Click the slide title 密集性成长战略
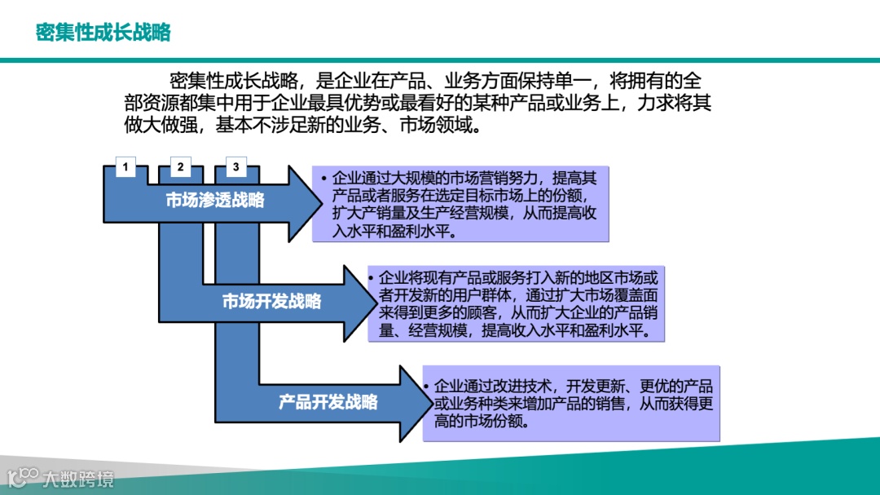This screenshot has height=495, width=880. click(103, 33)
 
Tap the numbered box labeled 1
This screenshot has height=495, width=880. click(125, 168)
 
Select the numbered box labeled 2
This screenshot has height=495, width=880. click(180, 168)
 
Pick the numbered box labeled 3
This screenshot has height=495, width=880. click(235, 168)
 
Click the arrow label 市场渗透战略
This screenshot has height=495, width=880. click(215, 201)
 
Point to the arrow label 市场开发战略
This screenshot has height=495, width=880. click(272, 302)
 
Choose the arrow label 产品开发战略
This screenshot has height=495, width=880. click(328, 402)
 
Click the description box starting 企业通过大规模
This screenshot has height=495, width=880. click(461, 204)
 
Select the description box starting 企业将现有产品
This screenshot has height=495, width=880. click(517, 303)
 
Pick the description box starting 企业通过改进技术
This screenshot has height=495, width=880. click(571, 403)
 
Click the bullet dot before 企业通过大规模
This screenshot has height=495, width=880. click(323, 178)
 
